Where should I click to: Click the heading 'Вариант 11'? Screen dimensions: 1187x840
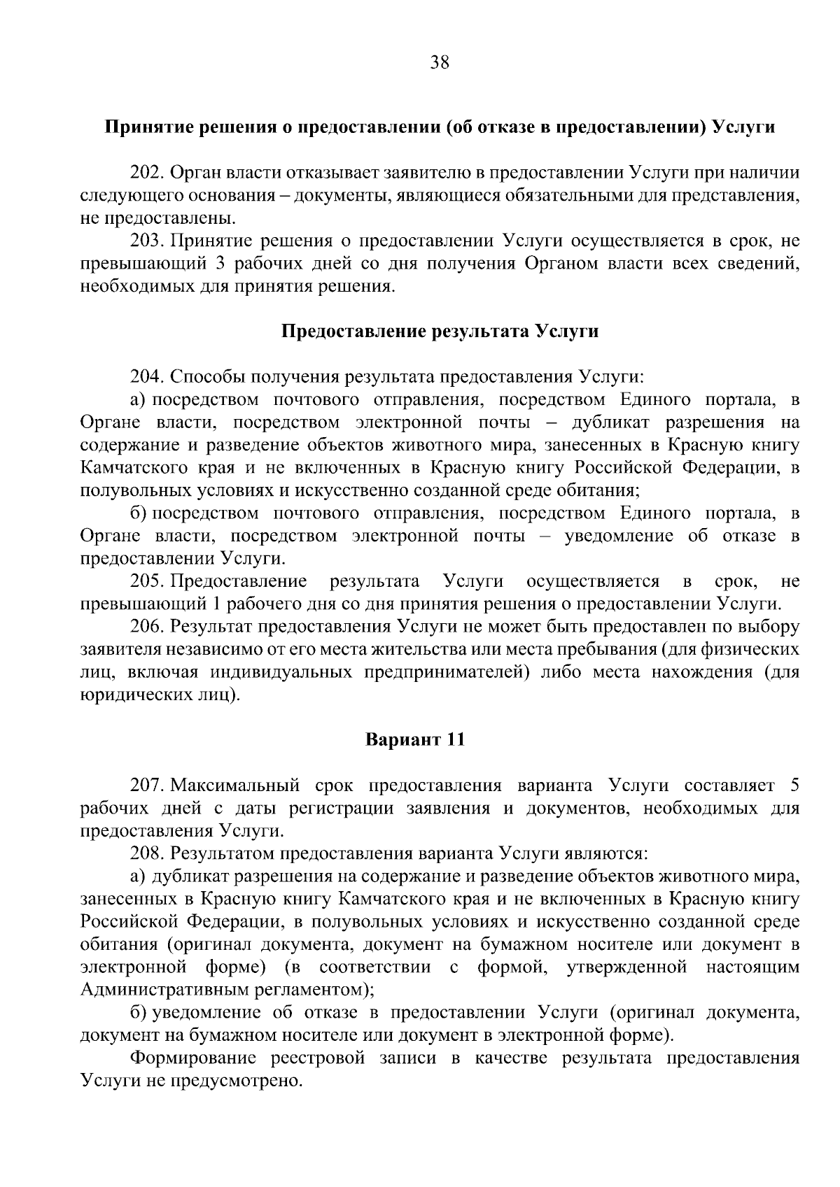(x=415, y=739)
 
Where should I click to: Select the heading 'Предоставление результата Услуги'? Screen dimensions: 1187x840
(x=440, y=331)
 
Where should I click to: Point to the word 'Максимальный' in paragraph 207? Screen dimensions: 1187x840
(x=234, y=786)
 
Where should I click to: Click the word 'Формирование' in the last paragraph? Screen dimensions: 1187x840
(x=189, y=1058)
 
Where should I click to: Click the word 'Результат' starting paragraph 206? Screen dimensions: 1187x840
(x=211, y=627)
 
